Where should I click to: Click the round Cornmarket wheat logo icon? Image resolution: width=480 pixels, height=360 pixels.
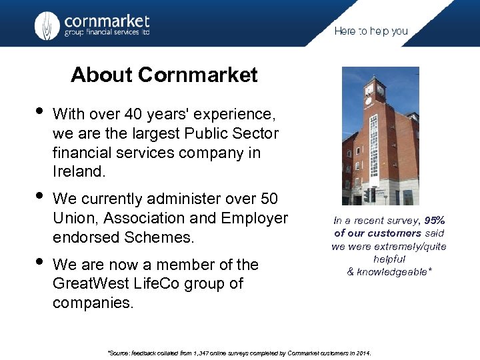47,26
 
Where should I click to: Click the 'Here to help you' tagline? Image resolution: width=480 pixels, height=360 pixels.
371,31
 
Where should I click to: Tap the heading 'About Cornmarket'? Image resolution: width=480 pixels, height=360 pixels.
164,75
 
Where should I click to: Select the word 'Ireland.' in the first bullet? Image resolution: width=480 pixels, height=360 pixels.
79,171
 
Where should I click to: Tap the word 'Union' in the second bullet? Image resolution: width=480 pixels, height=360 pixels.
72,218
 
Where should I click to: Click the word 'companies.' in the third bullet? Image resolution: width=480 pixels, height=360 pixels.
93,303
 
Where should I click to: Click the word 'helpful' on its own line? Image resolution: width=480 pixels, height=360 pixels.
390,259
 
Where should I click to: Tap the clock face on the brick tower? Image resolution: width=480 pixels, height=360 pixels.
369,89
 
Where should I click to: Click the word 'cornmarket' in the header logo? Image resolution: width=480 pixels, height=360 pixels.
107,21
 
